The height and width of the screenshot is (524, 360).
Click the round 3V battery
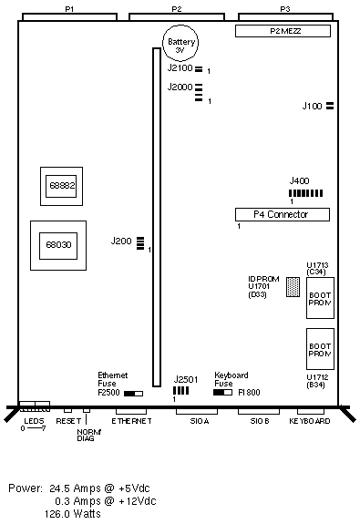[180, 43]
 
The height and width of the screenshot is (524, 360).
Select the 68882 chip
[61, 186]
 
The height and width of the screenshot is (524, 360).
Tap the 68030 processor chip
[58, 246]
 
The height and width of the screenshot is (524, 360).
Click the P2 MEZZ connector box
[283, 31]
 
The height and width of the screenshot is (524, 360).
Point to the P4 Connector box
[283, 214]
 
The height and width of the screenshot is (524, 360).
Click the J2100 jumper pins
[199, 69]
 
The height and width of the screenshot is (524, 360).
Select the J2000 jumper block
[199, 93]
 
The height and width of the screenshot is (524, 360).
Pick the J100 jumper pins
[330, 106]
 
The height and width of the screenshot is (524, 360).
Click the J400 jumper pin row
[306, 193]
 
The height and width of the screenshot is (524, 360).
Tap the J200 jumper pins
[140, 243]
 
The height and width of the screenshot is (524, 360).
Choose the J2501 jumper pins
[180, 390]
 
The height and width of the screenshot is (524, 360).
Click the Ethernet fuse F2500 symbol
[133, 394]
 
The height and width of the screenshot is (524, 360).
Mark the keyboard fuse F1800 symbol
[222, 393]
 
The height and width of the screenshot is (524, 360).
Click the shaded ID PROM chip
[293, 287]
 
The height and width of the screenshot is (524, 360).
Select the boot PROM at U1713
[320, 298]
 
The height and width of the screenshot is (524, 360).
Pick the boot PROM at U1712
[320, 349]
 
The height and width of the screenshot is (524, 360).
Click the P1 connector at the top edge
[69, 16]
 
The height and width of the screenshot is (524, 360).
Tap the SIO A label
[200, 421]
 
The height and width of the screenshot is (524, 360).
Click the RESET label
[68, 421]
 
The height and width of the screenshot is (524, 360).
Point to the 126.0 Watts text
[73, 513]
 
